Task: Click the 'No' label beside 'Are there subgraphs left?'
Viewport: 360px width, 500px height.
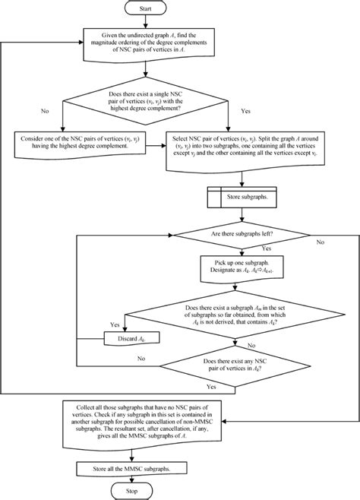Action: (x=320, y=242)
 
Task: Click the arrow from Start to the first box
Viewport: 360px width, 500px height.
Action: (x=179, y=24)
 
